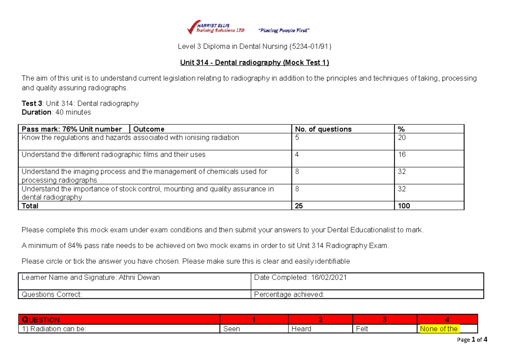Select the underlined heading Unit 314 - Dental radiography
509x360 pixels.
click(x=255, y=62)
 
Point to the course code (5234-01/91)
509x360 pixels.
click(x=307, y=46)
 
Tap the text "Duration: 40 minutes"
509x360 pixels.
click(x=56, y=112)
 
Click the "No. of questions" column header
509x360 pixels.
click(x=323, y=129)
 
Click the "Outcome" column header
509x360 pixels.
click(x=149, y=129)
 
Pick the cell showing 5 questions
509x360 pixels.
click(x=297, y=138)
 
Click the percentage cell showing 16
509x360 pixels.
click(x=402, y=155)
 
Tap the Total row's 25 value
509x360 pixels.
click(x=299, y=206)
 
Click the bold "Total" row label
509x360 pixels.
click(x=30, y=206)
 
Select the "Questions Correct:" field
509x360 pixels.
click(x=52, y=295)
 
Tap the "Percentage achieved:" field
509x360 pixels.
click(x=288, y=295)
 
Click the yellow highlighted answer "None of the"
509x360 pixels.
click(x=439, y=329)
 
